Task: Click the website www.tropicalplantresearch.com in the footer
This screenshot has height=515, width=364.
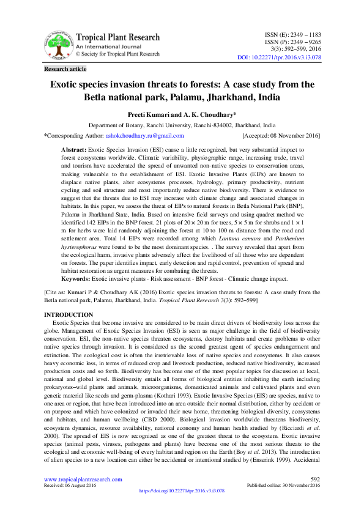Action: click(83, 479)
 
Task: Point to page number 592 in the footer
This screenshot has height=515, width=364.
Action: click(316, 479)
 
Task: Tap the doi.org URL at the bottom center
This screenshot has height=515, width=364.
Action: click(182, 491)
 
